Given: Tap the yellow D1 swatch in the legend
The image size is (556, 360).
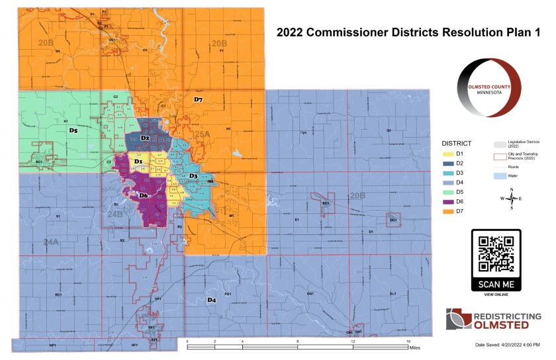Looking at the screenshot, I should [448, 154].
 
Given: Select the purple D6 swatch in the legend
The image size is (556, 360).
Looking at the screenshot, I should [448, 201].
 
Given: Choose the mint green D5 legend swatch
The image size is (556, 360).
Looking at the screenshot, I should [448, 191].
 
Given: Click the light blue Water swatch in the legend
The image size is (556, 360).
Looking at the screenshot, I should [500, 177].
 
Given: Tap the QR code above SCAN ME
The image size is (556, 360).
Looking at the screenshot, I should [496, 253].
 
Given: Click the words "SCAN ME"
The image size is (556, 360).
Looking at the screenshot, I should [496, 284].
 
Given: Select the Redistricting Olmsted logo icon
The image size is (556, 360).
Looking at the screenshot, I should [458, 318].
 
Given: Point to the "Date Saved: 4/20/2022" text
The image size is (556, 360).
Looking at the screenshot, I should [508, 345].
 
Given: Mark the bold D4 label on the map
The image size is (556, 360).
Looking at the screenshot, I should [212, 300].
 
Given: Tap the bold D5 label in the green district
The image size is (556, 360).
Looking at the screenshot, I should [73, 131].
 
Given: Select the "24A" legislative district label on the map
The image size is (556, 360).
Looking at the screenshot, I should [51, 243].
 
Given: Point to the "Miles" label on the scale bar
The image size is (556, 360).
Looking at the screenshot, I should [415, 346].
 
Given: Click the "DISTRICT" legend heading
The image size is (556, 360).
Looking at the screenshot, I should [457, 143].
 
